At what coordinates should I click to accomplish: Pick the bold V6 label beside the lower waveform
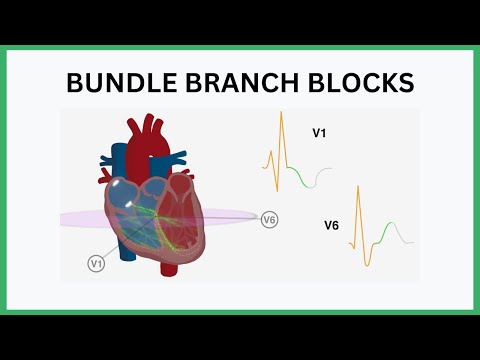click(331, 226)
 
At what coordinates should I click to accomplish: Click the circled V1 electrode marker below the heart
click(97, 263)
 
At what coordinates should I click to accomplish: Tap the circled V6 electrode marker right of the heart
click(269, 220)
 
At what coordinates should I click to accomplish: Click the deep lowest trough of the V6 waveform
click(368, 264)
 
